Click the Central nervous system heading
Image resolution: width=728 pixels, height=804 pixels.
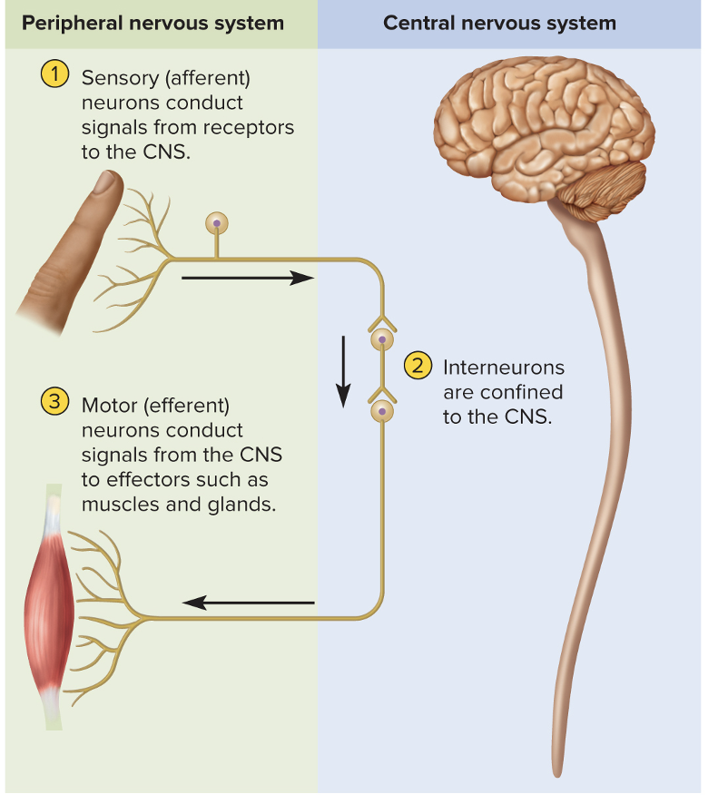coord(499,23)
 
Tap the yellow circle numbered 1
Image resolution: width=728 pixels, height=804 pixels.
coord(55,75)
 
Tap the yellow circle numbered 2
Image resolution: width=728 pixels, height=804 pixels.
coord(417,366)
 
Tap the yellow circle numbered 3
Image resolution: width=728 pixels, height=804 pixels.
coord(55,401)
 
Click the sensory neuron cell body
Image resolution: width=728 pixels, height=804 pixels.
coord(216,223)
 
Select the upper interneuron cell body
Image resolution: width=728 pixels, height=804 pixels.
coord(382,339)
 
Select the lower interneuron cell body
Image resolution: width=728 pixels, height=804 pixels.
coord(382,411)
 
